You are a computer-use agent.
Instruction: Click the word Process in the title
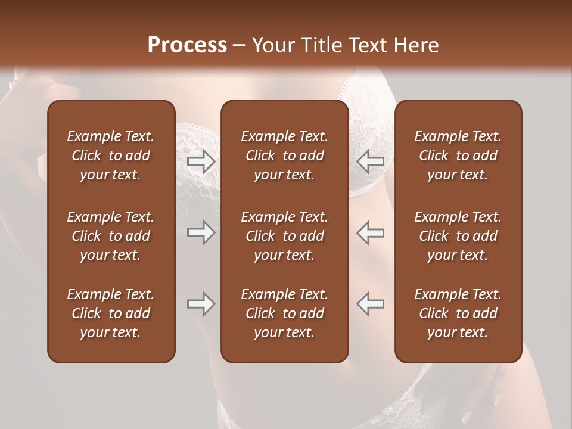[187, 45]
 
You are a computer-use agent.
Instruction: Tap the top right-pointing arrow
[201, 161]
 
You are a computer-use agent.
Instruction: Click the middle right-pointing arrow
[201, 232]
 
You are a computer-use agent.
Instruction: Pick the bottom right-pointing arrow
[201, 304]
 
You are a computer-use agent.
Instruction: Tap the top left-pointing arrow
[370, 161]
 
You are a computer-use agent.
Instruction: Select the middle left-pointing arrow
[370, 232]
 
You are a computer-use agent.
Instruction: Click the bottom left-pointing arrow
[370, 304]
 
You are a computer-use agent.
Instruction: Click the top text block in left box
[111, 156]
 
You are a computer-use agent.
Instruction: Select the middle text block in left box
[111, 236]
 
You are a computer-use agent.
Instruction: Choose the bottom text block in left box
[111, 313]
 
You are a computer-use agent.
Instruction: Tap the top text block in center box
[284, 156]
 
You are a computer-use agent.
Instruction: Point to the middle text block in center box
[284, 236]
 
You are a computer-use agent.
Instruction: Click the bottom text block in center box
[284, 313]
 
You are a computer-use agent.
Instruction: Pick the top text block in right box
[458, 156]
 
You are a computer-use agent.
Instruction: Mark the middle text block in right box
[458, 236]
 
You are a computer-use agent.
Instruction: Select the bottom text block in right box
[458, 313]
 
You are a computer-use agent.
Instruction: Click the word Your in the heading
[272, 45]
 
